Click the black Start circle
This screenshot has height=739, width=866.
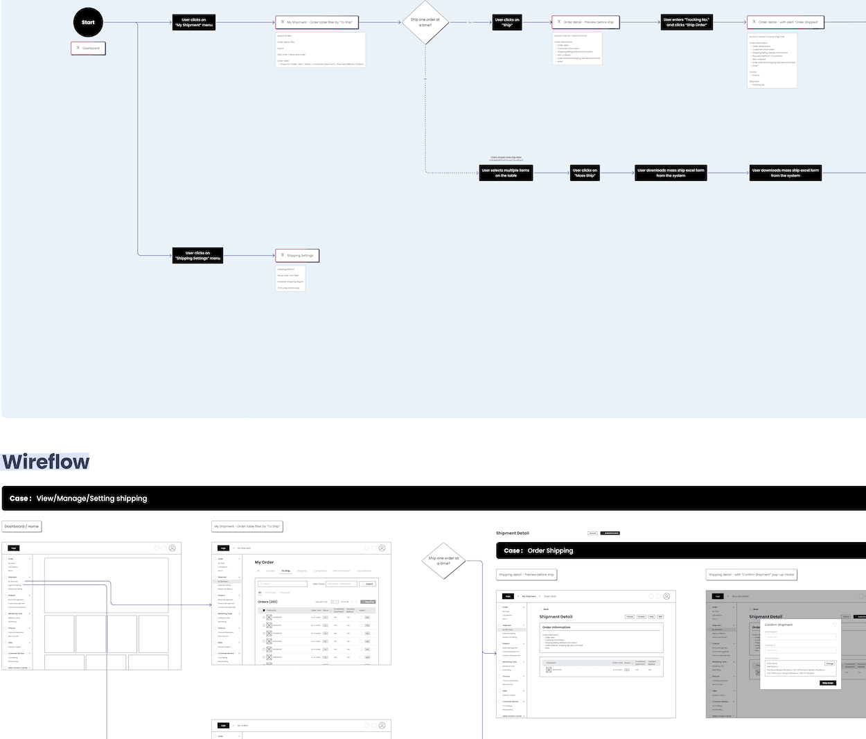88,22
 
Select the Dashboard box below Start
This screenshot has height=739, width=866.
88,49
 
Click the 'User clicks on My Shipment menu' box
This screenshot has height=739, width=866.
193,23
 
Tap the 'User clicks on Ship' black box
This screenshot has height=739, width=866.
507,22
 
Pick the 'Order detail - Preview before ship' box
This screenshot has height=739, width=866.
585,22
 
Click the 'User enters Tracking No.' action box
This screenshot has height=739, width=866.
687,22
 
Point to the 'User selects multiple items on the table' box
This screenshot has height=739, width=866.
506,173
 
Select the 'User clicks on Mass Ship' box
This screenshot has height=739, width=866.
585,173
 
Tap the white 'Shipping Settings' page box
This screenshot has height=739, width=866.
297,256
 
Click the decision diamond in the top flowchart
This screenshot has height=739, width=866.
425,22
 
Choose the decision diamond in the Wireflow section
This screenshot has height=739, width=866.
443,560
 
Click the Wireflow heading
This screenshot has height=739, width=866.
46,462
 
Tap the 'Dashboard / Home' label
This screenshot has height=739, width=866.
21,527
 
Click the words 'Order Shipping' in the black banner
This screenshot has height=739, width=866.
550,551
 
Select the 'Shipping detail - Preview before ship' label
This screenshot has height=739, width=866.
527,575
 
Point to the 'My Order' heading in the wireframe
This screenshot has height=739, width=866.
264,562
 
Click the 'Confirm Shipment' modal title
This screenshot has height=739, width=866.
779,625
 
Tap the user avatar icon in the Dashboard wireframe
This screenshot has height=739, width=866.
173,548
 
